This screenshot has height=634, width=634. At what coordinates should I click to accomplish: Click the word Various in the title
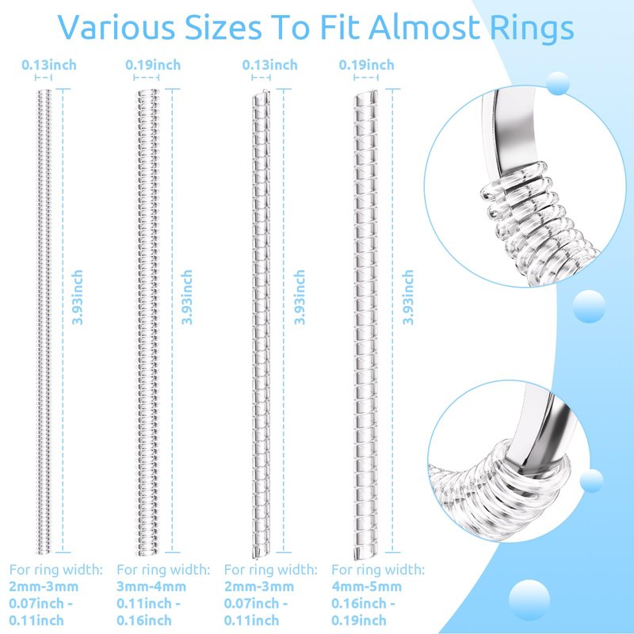point(116,28)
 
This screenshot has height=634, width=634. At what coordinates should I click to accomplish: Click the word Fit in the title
point(339,28)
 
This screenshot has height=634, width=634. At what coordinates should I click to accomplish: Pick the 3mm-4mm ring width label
point(151,586)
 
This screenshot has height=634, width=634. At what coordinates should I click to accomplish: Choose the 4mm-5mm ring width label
point(366,586)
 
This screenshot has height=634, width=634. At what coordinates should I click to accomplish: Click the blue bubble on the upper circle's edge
point(558,83)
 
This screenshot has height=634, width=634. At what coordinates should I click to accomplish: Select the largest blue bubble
point(529,600)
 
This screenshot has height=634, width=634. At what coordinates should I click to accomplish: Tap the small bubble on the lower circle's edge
point(591,481)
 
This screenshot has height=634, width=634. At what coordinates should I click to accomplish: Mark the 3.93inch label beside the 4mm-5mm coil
point(407,298)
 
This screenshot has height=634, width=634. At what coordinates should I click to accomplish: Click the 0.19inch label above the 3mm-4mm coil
point(153,65)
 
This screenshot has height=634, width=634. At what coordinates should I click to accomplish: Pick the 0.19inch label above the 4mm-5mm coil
point(366,65)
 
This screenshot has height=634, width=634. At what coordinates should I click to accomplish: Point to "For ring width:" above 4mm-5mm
point(378,570)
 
